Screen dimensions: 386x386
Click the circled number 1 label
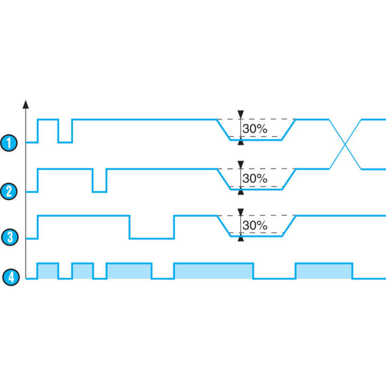9,143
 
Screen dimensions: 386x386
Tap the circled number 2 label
9,192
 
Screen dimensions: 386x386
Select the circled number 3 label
9,237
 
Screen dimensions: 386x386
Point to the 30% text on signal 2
254,179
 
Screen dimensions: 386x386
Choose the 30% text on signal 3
254,225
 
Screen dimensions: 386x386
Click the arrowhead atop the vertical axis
26,104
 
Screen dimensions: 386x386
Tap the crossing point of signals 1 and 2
345,144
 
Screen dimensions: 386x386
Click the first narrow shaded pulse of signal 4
48,271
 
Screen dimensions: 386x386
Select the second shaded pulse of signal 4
83,271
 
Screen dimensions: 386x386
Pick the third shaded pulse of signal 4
129,271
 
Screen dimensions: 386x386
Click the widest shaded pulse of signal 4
213,271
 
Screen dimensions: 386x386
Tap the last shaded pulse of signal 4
324,271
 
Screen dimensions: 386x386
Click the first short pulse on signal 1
48,120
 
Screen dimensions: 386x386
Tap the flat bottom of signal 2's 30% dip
256,190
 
